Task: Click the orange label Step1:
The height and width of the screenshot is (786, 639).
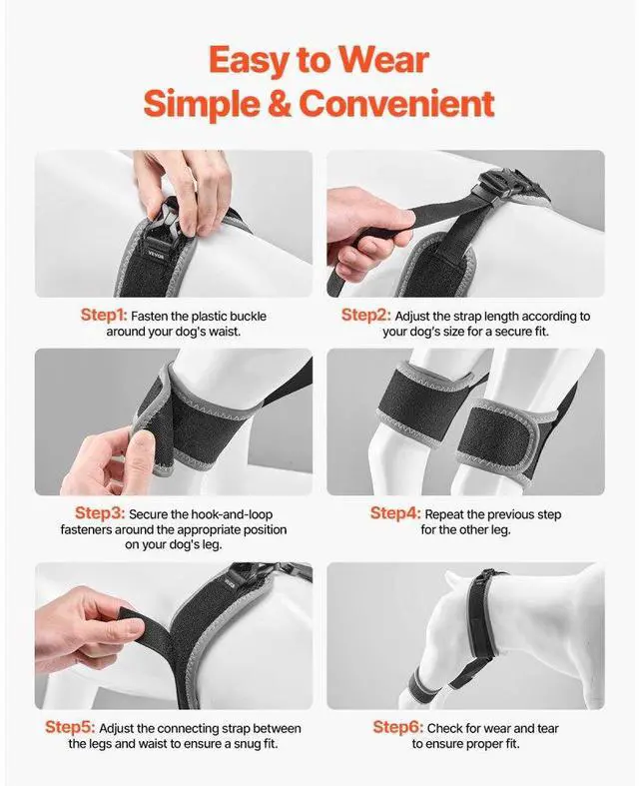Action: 104,316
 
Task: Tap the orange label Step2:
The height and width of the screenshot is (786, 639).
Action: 365,316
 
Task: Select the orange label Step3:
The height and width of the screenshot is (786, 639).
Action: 100,513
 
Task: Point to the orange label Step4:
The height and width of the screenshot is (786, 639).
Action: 395,513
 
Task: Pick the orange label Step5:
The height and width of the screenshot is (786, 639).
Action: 70,727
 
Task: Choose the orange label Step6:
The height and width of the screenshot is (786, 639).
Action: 398,727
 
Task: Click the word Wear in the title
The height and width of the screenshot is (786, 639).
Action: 383,60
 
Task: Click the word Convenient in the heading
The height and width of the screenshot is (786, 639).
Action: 396,103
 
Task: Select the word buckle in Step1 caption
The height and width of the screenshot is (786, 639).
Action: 248,317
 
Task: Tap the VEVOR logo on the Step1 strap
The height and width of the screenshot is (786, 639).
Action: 157,253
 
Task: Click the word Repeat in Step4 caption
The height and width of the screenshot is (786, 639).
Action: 443,514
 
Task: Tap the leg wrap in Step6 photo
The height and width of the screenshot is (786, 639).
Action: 423,682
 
